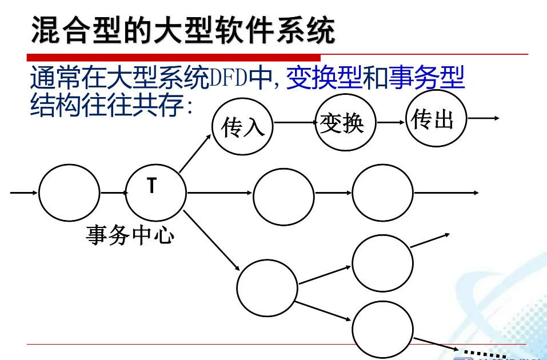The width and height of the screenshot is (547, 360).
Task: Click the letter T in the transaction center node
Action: click(151, 185)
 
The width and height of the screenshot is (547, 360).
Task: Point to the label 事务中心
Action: click(130, 235)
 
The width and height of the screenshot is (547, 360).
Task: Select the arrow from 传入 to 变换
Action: click(295, 122)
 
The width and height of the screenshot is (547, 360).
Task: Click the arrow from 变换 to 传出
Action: click(391, 122)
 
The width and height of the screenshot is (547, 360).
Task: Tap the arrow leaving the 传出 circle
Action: click(484, 118)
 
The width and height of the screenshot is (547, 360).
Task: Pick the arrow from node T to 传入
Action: click(195, 153)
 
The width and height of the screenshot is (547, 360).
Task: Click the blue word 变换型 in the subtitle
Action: click(324, 78)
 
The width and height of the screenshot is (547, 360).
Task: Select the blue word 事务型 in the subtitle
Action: click(426, 78)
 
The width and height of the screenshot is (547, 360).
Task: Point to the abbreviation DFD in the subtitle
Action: click(228, 78)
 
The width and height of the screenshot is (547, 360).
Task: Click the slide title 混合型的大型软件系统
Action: click(183, 30)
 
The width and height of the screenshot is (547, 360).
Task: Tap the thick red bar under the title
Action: click(174, 58)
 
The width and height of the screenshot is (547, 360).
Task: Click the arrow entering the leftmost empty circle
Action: click(24, 193)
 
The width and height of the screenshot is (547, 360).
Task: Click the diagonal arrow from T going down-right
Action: click(211, 241)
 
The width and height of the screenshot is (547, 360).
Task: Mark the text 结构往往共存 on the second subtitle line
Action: click(107, 105)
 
